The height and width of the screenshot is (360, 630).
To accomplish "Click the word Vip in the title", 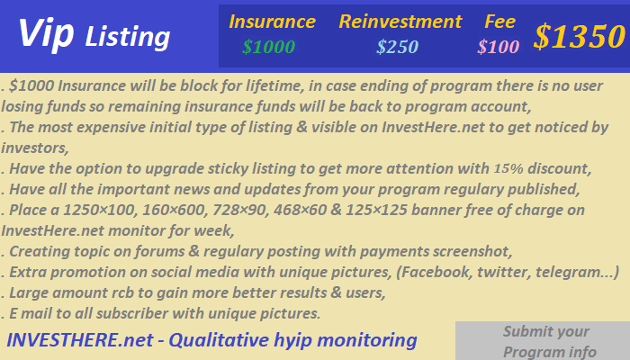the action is coord(46,35).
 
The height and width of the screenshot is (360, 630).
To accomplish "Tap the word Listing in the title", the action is coord(128,37).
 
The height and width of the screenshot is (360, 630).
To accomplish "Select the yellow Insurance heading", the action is coord(272,22).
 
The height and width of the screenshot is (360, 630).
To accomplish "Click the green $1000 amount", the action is coord(269,47).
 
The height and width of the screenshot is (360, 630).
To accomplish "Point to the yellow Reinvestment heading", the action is coord(400,22).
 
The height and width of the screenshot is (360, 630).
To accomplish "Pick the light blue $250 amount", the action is coord(398,47).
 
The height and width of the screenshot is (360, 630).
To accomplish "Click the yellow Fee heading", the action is coord(499,22).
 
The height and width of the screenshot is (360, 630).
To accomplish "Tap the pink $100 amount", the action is coord(499,47).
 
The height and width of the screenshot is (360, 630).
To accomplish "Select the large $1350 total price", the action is coord(580,37).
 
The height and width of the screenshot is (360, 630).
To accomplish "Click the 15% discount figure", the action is coord(508,168).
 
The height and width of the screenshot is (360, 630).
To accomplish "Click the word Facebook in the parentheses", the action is coord(436,273).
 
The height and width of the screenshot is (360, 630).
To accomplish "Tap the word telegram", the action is coord(571,273).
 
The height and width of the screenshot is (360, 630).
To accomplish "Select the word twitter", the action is coord(502,273).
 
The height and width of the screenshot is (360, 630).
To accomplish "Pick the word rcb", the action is coord(122,292).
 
